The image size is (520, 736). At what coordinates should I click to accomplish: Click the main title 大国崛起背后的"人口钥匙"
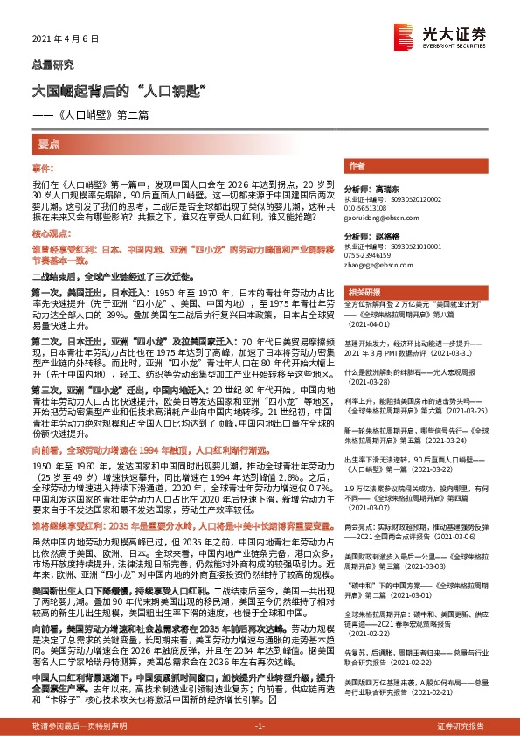[118, 90]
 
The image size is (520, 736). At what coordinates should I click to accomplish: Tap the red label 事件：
[43, 167]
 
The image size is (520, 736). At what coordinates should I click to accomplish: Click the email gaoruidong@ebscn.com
[382, 218]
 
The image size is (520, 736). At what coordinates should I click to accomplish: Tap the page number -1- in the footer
[259, 726]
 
